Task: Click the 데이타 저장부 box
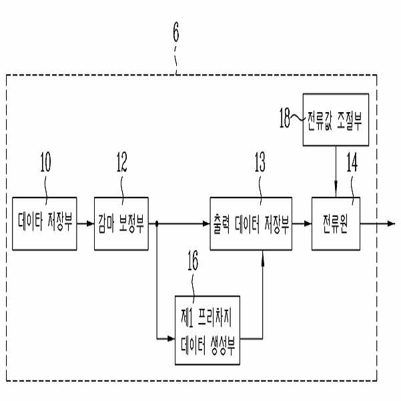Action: (x=45, y=224)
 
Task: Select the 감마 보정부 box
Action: (x=121, y=224)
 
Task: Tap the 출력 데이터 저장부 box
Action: (x=251, y=224)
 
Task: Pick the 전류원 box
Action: (x=335, y=224)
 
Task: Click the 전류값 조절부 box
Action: (x=334, y=120)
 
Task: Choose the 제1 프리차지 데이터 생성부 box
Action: (x=207, y=330)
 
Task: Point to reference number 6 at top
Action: (x=176, y=31)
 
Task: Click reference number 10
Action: (x=45, y=162)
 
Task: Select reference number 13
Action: (x=260, y=162)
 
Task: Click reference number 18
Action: (x=285, y=118)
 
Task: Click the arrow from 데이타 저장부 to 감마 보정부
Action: (x=86, y=224)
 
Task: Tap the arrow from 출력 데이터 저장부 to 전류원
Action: (x=301, y=224)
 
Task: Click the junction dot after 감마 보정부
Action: (x=157, y=224)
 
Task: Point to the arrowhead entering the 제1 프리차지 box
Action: (x=170, y=340)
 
